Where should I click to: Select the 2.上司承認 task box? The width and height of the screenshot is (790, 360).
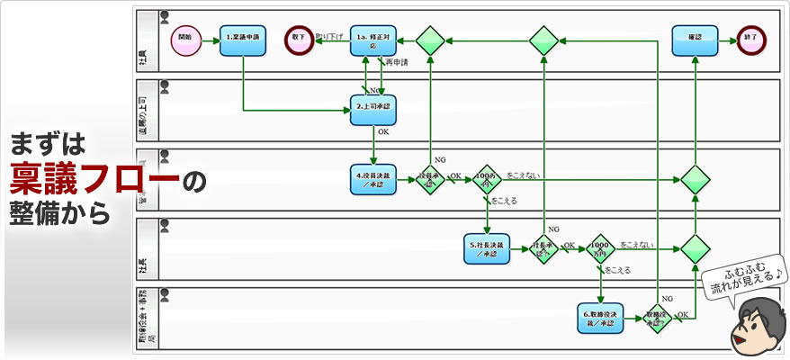373,109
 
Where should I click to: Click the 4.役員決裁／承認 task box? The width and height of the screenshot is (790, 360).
373,179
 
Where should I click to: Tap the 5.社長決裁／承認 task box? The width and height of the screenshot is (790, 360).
488,248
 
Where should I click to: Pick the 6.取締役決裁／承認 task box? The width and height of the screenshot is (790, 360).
601,318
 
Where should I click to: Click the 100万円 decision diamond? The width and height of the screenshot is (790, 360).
487,179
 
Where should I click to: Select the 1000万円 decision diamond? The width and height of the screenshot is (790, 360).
600,248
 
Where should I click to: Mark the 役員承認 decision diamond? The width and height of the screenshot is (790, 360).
431,179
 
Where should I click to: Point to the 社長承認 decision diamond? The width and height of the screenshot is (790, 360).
543,248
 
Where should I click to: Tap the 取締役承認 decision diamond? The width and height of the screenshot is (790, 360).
658,318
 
